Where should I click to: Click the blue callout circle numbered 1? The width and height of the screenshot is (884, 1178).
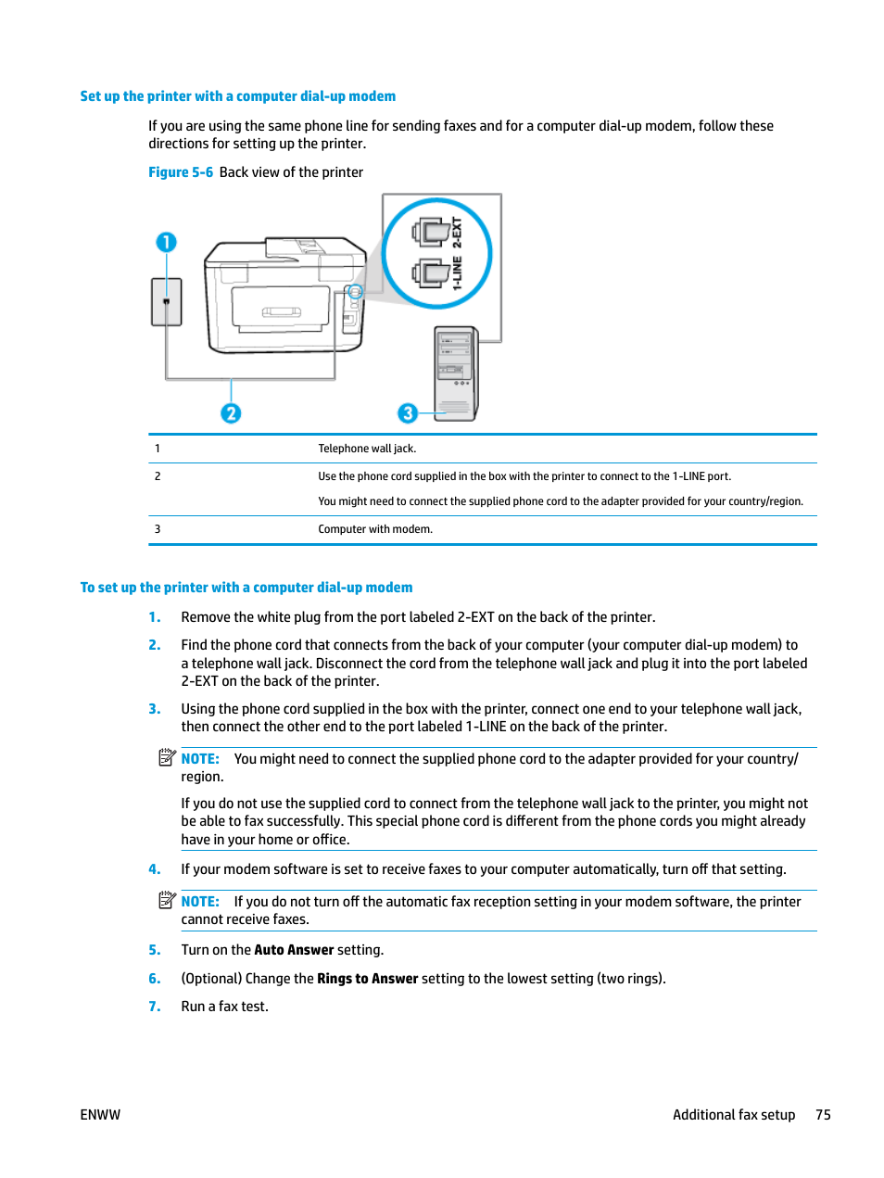[x=166, y=242]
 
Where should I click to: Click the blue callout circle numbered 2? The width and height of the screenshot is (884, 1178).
[x=231, y=413]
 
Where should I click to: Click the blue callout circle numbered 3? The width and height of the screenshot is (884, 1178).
[x=408, y=413]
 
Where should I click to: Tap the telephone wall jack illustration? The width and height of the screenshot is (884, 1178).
[x=167, y=302]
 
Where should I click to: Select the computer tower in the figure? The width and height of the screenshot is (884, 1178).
[x=456, y=373]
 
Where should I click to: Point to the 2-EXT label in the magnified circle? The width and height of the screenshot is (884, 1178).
[x=457, y=232]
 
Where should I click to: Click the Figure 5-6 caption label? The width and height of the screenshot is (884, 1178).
[x=181, y=172]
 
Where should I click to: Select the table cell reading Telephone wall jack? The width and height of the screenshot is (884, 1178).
[x=367, y=449]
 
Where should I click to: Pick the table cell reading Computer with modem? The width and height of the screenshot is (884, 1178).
[x=375, y=529]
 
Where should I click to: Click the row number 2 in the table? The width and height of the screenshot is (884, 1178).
[x=158, y=476]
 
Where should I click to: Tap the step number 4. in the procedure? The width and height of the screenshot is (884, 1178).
[x=155, y=869]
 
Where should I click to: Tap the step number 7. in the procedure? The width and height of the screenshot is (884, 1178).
[x=155, y=1007]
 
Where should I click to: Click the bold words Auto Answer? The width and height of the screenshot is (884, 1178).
[x=294, y=950]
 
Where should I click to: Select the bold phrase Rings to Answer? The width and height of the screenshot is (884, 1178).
[x=368, y=979]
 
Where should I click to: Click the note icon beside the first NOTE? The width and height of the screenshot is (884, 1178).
[x=167, y=757]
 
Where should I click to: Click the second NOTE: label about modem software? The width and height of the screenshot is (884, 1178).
[x=200, y=902]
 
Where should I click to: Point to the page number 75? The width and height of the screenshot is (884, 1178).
[x=823, y=1115]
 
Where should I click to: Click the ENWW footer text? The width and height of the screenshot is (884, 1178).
[x=100, y=1115]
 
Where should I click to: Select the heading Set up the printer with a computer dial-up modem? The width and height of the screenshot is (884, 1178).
[x=238, y=96]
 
